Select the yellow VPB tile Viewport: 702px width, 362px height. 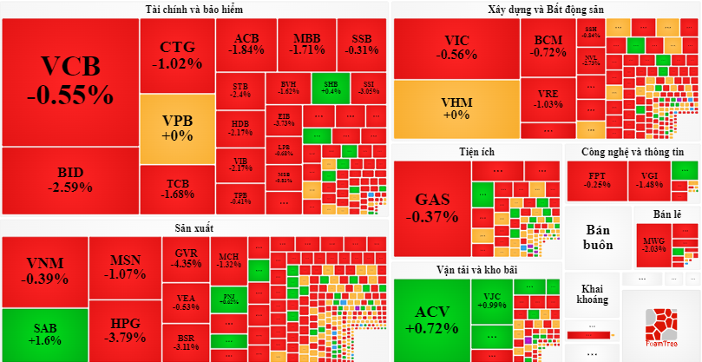pyautogui.click(x=176, y=128)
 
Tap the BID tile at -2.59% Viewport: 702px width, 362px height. pyautogui.click(x=69, y=181)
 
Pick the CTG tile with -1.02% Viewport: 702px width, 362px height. pyautogui.click(x=176, y=55)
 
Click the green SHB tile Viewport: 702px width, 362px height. pyautogui.click(x=331, y=87)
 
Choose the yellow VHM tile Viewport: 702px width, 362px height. pyautogui.click(x=456, y=109)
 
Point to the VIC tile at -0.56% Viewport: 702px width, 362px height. pyautogui.click(x=456, y=48)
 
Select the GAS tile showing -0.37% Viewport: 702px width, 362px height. pyautogui.click(x=432, y=208)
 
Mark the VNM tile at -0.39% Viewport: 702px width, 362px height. pyautogui.click(x=45, y=271)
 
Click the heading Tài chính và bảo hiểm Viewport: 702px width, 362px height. pyautogui.click(x=194, y=10)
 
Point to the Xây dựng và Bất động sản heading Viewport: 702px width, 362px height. pyautogui.click(x=545, y=10)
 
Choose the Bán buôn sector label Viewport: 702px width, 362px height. pyautogui.click(x=599, y=237)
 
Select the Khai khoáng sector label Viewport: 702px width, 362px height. pyautogui.click(x=593, y=295)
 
